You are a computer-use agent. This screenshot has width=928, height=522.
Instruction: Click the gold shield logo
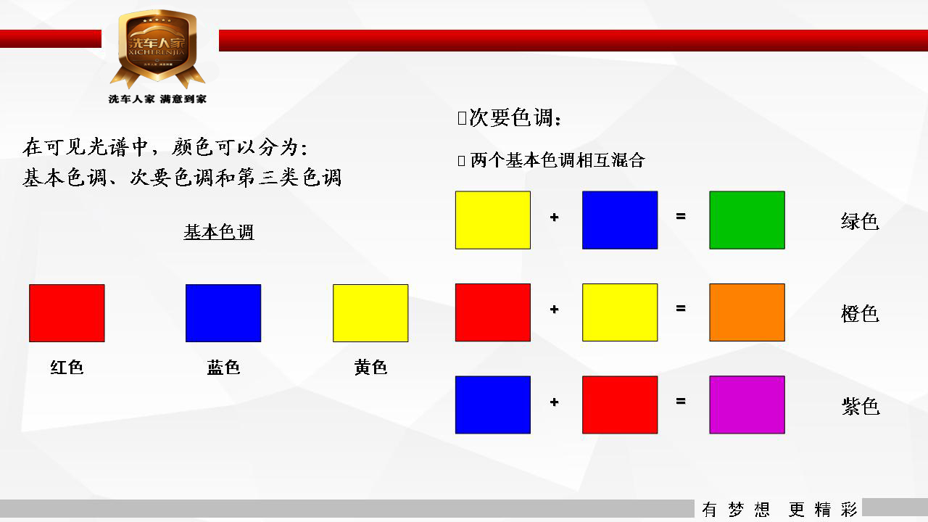tap(157, 49)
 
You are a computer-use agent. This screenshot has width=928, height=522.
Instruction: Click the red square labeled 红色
tap(67, 313)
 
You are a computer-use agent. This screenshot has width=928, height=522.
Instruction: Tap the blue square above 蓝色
tap(223, 313)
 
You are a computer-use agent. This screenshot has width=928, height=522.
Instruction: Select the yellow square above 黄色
tap(370, 313)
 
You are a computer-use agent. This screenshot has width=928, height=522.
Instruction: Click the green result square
tap(747, 220)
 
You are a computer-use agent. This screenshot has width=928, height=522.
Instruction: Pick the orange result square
tap(747, 312)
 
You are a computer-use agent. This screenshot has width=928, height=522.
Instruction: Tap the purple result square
tap(747, 405)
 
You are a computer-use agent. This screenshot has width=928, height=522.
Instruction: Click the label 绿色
tap(860, 221)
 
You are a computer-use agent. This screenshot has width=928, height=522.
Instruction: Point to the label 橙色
tap(860, 314)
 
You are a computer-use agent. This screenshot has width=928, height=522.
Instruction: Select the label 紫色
tap(861, 406)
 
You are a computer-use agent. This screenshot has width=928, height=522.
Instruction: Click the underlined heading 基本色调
tap(219, 232)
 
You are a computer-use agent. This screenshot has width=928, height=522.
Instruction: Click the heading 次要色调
tap(515, 117)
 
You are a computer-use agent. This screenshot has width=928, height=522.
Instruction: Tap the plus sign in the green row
tap(555, 217)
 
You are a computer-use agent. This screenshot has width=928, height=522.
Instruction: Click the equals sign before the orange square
tap(681, 308)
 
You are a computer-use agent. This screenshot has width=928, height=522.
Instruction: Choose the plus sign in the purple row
tap(555, 402)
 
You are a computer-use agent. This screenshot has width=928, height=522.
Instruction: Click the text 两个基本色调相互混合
tap(558, 160)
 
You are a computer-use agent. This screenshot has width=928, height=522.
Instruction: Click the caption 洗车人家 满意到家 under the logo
tap(157, 99)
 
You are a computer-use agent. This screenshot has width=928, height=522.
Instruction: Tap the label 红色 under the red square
tap(67, 368)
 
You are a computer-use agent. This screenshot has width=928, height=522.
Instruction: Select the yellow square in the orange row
tap(620, 312)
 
